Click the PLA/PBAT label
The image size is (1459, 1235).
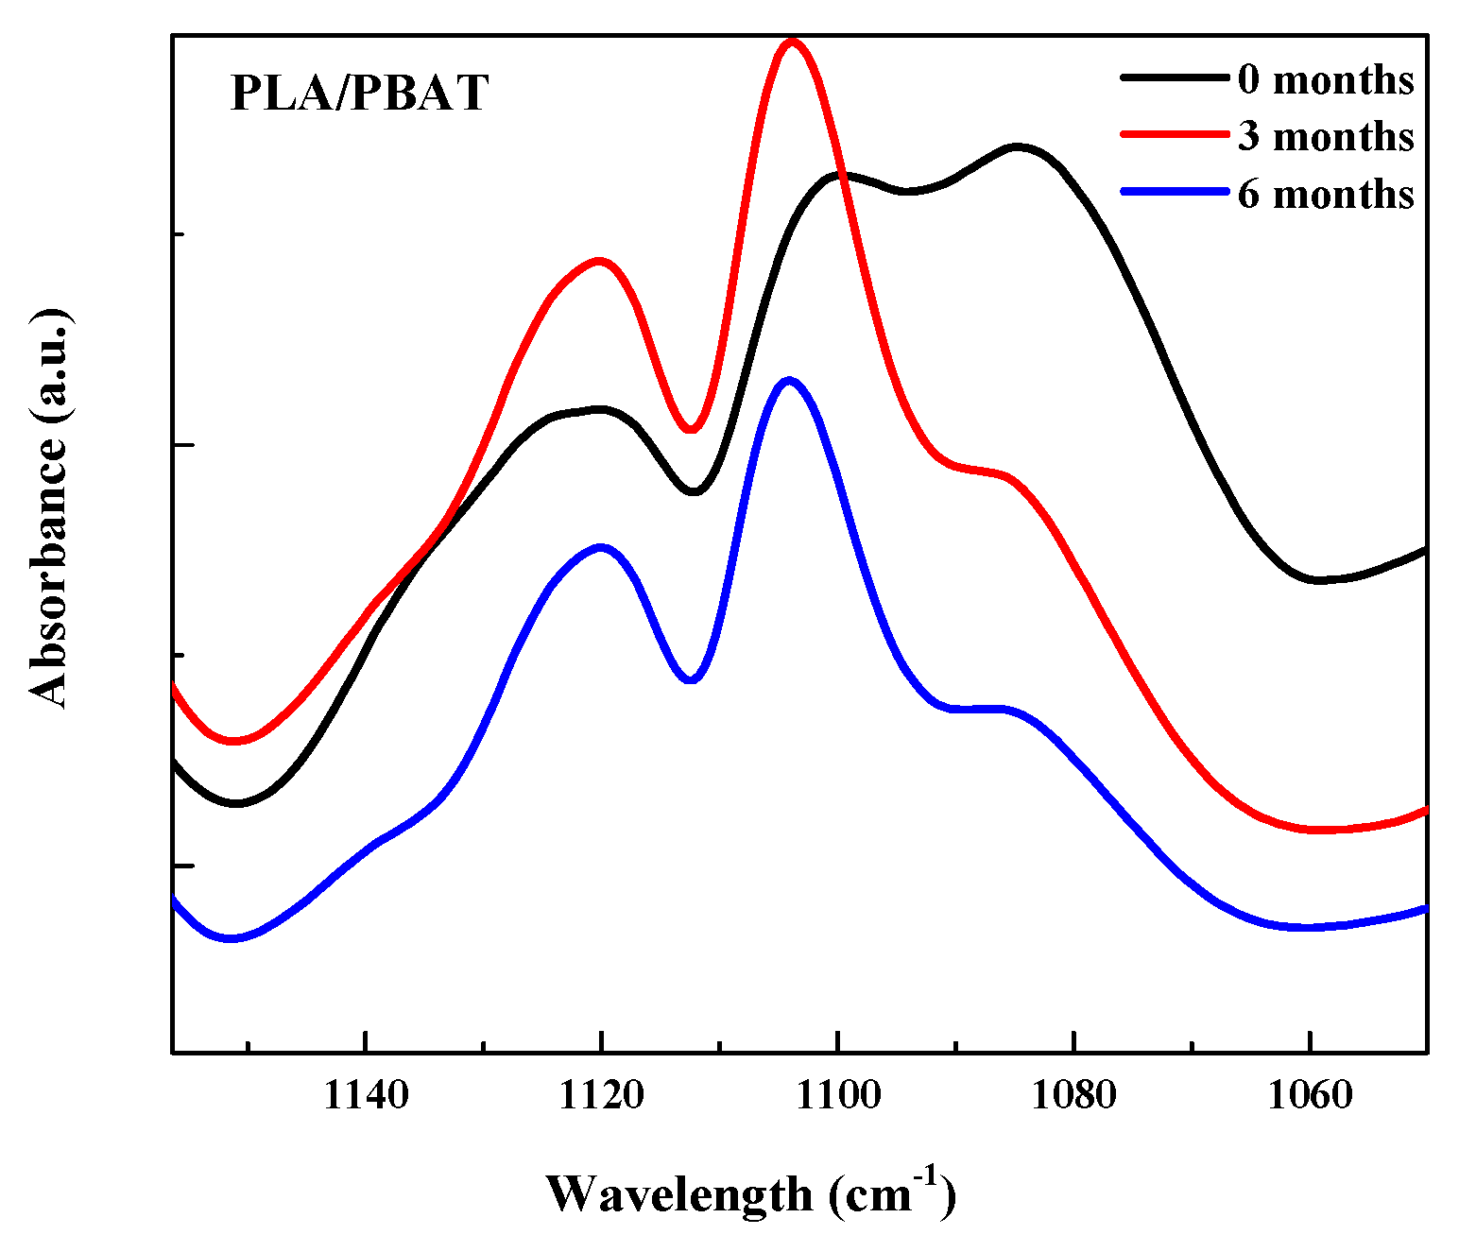(359, 94)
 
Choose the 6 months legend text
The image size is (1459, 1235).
(1325, 194)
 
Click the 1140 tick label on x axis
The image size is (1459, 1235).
(366, 1095)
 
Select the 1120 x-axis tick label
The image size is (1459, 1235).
(601, 1095)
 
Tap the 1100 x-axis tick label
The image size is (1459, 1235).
(837, 1095)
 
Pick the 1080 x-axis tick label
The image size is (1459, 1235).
(1073, 1095)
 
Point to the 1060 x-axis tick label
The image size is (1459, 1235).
(1309, 1095)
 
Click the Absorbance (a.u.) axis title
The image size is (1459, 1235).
(49, 507)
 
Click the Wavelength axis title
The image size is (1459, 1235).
(750, 1193)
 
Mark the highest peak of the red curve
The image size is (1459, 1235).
(792, 42)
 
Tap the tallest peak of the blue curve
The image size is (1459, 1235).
(788, 380)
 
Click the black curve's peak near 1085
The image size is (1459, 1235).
(1017, 146)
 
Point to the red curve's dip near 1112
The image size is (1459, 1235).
(691, 430)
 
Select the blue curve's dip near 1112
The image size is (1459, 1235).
(691, 679)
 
